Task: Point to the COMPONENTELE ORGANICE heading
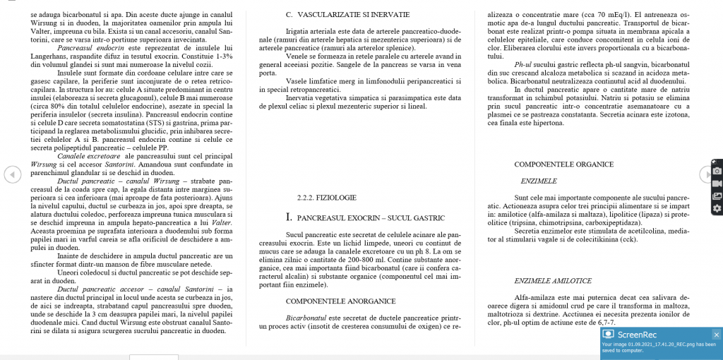(563, 164)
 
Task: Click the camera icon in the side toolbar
(717, 172)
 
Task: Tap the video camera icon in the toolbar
(717, 184)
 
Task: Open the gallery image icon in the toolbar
(717, 196)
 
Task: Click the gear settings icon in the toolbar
(717, 208)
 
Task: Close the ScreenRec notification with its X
(716, 335)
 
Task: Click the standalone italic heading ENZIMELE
(539, 181)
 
